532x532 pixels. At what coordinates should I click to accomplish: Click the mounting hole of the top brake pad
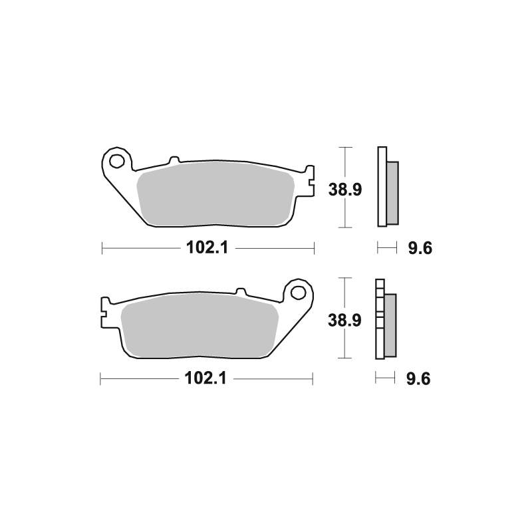(x=118, y=160)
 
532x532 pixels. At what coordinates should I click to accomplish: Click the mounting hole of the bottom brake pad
(x=297, y=291)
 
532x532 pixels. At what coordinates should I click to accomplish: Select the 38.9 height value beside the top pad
(x=344, y=190)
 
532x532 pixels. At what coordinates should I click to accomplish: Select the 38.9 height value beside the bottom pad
(x=344, y=321)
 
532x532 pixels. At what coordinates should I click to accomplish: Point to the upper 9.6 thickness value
(x=420, y=248)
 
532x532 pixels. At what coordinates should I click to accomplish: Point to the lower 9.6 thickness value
(x=419, y=378)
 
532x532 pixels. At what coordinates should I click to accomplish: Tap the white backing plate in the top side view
(x=382, y=186)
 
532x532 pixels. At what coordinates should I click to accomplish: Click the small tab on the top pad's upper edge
(x=174, y=160)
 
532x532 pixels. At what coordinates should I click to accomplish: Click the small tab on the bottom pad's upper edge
(x=241, y=291)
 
